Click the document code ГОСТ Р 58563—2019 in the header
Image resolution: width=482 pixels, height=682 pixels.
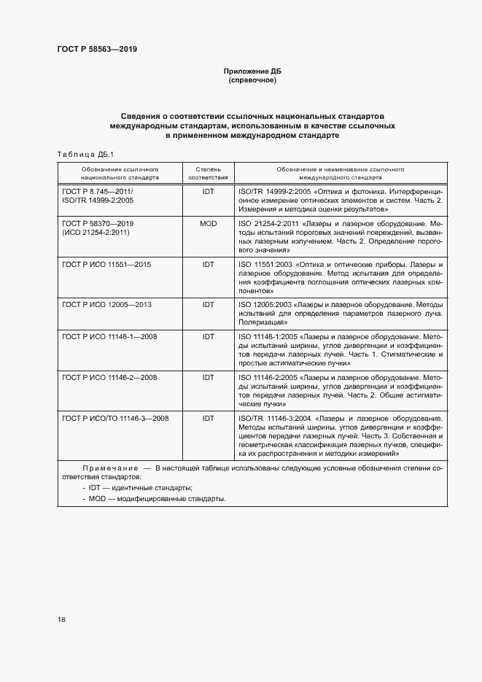pyautogui.click(x=96, y=49)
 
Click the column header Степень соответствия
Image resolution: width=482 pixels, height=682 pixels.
pyautogui.click(x=208, y=172)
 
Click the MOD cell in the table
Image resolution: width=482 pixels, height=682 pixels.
pyautogui.click(x=208, y=223)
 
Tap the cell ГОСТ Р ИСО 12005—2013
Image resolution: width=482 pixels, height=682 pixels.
pyautogui.click(x=107, y=303)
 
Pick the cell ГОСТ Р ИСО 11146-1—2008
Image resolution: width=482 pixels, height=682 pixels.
pyautogui.click(x=110, y=337)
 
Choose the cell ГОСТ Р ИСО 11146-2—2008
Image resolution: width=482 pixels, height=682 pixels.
pyautogui.click(x=110, y=377)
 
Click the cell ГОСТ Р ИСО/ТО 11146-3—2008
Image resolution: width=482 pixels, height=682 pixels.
pyautogui.click(x=116, y=418)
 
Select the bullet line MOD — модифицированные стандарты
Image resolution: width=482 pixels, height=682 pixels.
pyautogui.click(x=155, y=499)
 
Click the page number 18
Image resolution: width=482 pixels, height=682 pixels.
pyautogui.click(x=61, y=619)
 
